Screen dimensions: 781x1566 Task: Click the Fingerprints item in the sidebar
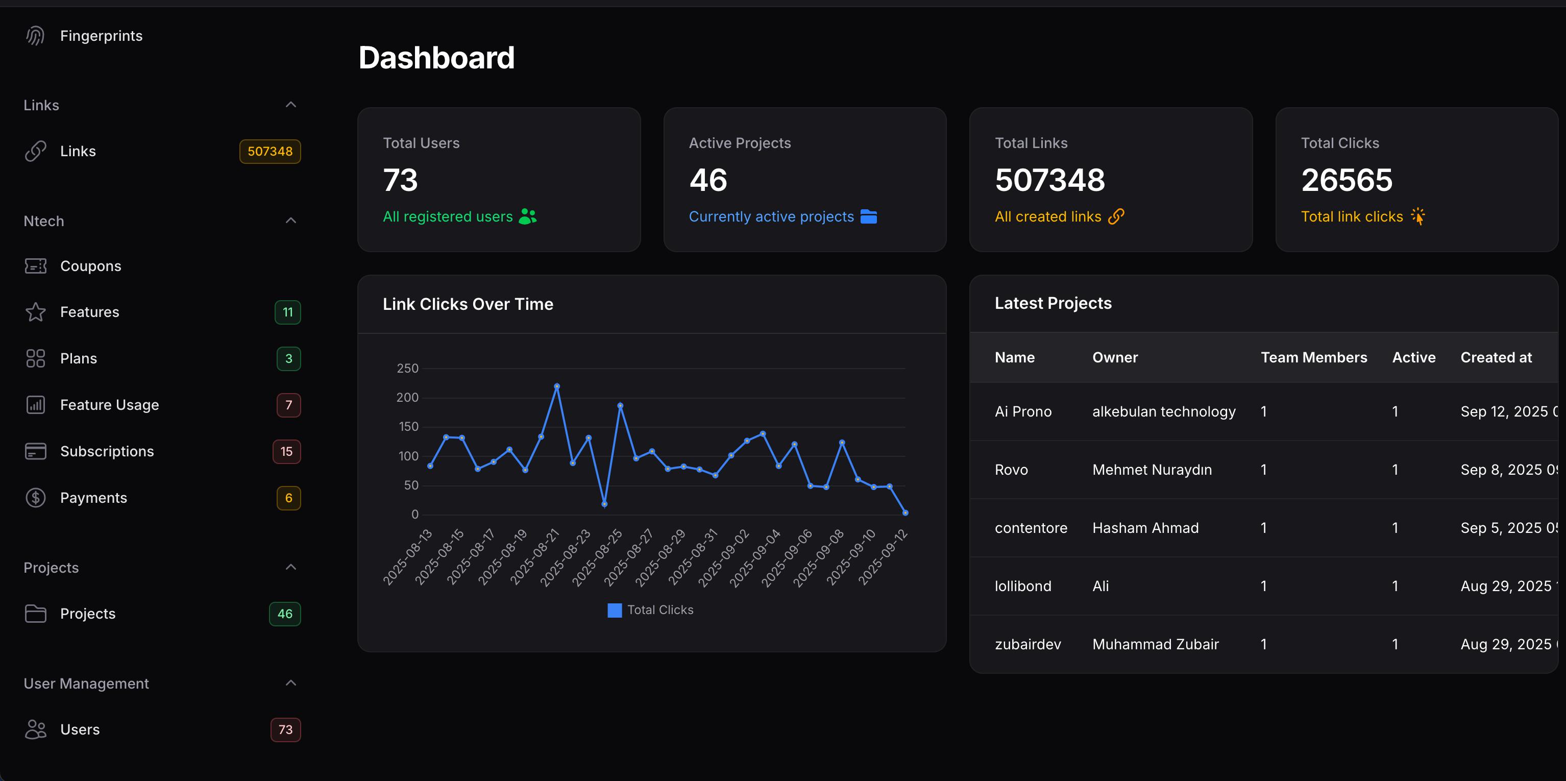coord(101,36)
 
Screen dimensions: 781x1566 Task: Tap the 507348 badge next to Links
coord(270,151)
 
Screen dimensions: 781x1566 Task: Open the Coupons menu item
coord(90,266)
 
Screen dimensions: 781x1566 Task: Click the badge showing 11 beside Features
coord(287,312)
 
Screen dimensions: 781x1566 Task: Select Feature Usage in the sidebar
coord(109,405)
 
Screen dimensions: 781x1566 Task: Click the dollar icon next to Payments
coord(35,498)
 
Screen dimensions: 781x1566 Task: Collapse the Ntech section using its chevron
coord(290,221)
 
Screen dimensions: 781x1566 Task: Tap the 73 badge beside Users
coord(285,729)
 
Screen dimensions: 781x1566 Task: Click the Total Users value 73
coord(400,180)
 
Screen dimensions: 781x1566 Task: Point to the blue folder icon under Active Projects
coord(869,216)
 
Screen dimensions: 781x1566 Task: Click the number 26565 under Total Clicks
coord(1347,180)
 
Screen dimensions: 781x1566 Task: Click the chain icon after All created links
coord(1116,216)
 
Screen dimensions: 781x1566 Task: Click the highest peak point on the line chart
coord(557,386)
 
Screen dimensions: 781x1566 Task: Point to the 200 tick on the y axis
coord(407,398)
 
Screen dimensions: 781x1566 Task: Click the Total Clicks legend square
coord(615,610)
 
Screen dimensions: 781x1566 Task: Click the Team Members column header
coord(1314,357)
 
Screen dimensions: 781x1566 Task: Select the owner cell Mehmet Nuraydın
coord(1152,470)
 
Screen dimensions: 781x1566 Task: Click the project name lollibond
coord(1022,586)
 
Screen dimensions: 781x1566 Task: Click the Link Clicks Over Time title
coord(468,304)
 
